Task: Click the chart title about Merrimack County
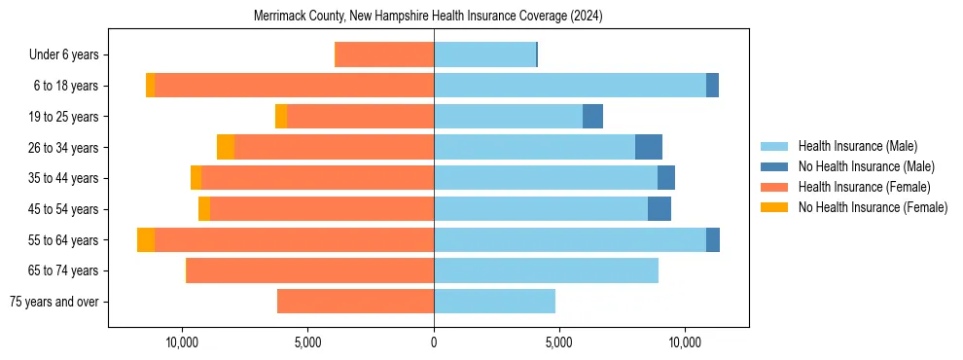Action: pyautogui.click(x=428, y=17)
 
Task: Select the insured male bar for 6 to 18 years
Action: pyautogui.click(x=570, y=86)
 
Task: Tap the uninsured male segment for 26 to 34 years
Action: pyautogui.click(x=649, y=147)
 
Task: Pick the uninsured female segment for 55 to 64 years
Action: pyautogui.click(x=146, y=239)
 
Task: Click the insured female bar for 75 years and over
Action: pyautogui.click(x=355, y=301)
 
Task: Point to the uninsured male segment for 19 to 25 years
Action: pyautogui.click(x=592, y=117)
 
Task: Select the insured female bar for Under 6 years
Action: pyautogui.click(x=384, y=54)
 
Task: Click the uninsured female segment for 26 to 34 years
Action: pyautogui.click(x=226, y=147)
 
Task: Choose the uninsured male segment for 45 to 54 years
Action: pyautogui.click(x=660, y=208)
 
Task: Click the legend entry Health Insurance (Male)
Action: pyautogui.click(x=857, y=146)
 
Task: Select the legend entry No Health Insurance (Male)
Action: pyautogui.click(x=866, y=166)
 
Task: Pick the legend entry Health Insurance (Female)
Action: pyautogui.click(x=864, y=187)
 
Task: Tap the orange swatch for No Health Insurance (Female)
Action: pyautogui.click(x=775, y=207)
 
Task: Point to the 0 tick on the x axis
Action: pyautogui.click(x=434, y=342)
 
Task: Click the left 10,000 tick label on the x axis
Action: pyautogui.click(x=182, y=342)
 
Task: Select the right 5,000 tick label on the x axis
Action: pyautogui.click(x=559, y=342)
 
